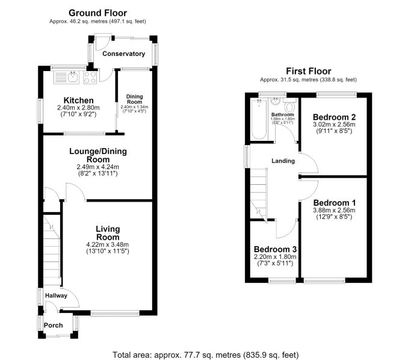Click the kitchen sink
tap(66, 77)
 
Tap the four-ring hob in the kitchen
tap(90, 77)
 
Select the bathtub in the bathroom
tap(259, 120)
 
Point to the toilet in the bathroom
tap(289, 105)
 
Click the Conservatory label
tap(124, 54)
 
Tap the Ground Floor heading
tap(97, 13)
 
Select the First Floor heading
tap(309, 71)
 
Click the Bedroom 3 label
tap(275, 249)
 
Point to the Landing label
tap(283, 161)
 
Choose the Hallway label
tap(56, 296)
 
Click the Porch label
tap(53, 326)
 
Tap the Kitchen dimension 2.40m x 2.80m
tap(78, 108)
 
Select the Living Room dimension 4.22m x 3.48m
tap(108, 244)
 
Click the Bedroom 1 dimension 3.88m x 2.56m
tap(334, 210)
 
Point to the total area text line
tap(206, 355)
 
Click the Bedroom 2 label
tap(334, 117)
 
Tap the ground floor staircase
tap(52, 250)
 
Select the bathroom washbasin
tap(275, 102)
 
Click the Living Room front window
tap(115, 313)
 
